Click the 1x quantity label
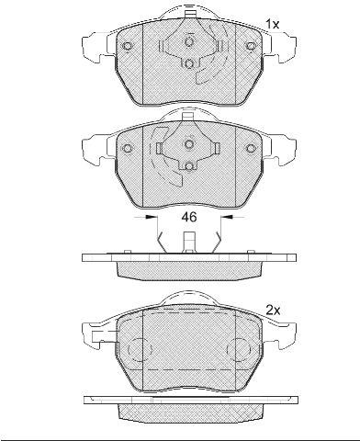tap(272, 24)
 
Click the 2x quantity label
tap(273, 311)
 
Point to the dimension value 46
tap(189, 217)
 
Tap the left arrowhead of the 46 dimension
tap(149, 217)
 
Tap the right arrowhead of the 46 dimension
tap(229, 217)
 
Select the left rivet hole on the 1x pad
tap(127, 46)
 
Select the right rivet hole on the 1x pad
tap(251, 46)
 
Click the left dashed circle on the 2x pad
tap(140, 349)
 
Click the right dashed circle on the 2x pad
tap(239, 349)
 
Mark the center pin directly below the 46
tap(189, 243)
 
